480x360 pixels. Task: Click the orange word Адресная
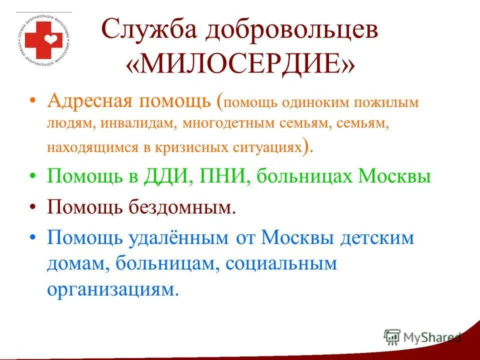click(89, 101)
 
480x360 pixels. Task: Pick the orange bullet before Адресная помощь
click(32, 101)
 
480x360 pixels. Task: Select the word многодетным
click(220, 124)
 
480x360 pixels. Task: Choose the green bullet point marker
click(32, 177)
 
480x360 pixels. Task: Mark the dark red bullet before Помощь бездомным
click(32, 207)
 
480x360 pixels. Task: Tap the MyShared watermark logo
click(422, 337)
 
